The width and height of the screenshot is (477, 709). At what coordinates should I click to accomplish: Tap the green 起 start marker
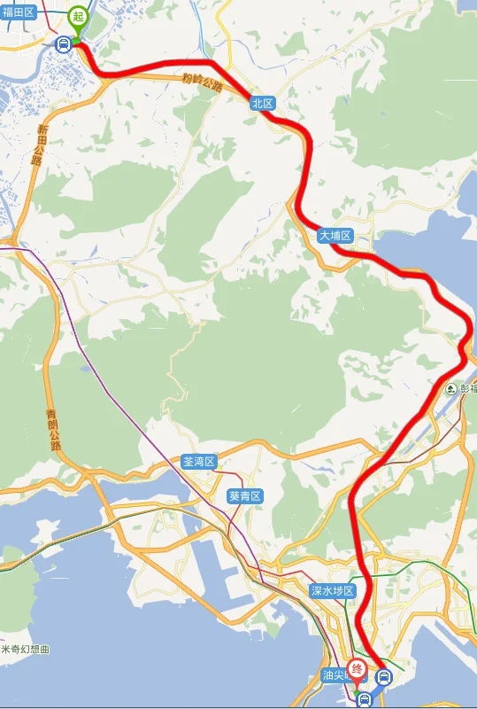coord(78,18)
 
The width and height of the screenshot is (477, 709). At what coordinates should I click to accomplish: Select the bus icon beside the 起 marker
coord(64,43)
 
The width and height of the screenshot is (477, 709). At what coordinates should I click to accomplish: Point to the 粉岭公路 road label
coord(203,82)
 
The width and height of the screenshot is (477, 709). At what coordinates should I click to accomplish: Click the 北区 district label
coord(263,103)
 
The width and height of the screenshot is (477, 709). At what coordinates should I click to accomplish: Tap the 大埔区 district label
coord(335,236)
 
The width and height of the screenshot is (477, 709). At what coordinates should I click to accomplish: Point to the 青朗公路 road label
coord(54,430)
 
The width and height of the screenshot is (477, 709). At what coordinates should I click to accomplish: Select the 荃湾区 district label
coord(198,462)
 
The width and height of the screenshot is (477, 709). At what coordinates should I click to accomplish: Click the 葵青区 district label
coord(245,496)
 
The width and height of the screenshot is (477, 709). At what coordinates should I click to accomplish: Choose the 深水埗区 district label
coord(332,590)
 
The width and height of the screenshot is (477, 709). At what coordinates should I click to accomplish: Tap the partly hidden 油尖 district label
coord(335,675)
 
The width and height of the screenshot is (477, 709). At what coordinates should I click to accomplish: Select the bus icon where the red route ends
coord(383,677)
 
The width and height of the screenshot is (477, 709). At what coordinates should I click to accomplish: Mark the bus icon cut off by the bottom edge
coord(365,701)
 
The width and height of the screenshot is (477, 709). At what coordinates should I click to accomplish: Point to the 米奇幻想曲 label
coord(26,650)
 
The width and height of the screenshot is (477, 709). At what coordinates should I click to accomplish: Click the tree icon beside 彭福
coord(451,388)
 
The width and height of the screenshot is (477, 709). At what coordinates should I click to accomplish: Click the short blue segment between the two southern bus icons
coord(373,689)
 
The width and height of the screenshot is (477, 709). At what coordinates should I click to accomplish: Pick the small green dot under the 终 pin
coord(358,687)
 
